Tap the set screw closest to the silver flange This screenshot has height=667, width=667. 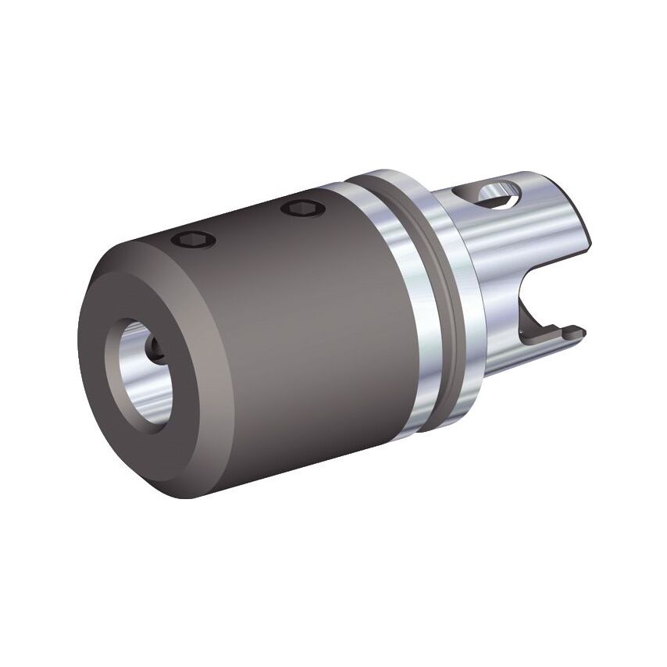(300, 208)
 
